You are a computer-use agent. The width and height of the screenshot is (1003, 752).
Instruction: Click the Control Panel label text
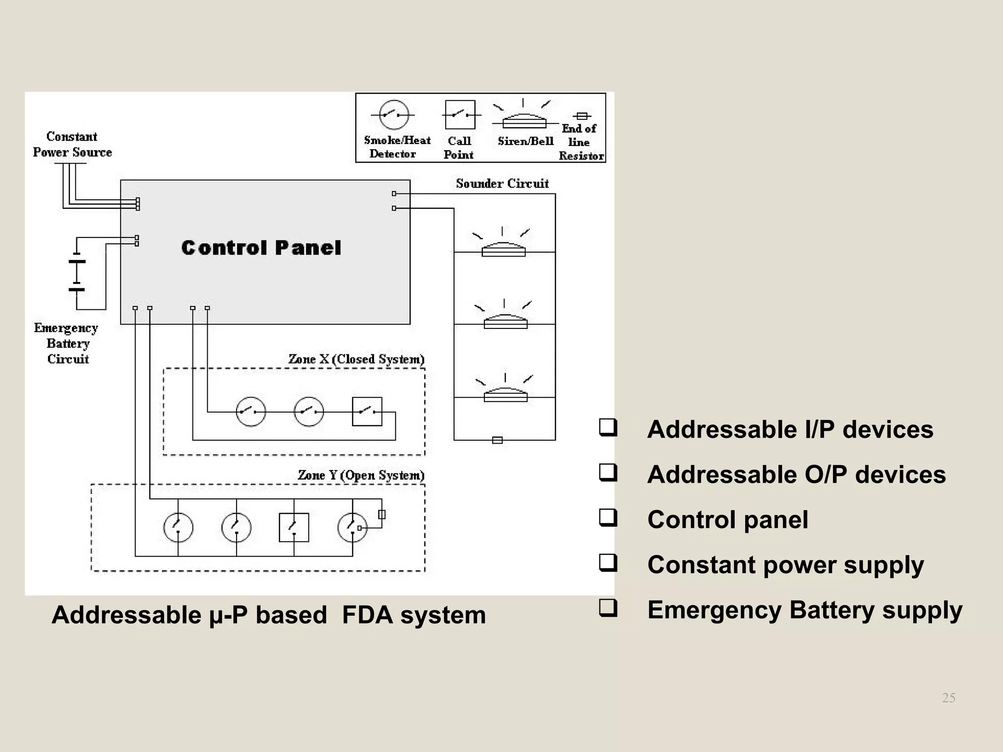(261, 248)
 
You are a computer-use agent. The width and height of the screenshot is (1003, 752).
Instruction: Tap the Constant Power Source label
(72, 144)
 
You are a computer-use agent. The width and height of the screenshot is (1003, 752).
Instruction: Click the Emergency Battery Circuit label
(67, 343)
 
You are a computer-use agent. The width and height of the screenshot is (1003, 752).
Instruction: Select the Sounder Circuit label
(502, 184)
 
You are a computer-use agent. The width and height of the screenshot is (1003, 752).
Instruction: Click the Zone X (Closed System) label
(356, 359)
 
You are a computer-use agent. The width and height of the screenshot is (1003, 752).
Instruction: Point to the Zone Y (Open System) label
(361, 475)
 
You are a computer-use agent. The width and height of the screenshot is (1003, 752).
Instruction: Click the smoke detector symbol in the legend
(394, 115)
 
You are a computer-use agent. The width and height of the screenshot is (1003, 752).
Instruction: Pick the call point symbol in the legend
(460, 115)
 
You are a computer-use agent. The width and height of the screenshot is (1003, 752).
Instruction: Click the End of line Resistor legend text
(580, 142)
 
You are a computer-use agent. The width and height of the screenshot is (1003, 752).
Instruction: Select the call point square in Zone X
(367, 412)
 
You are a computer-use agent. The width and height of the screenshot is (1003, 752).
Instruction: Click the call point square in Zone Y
(294, 527)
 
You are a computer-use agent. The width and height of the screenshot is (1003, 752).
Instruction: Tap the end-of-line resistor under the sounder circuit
(497, 440)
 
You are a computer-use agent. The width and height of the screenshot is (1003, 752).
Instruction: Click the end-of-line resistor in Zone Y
(382, 515)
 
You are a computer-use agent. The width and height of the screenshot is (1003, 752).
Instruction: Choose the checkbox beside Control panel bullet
(608, 517)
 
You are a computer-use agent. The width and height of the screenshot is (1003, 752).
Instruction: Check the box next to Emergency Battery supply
(608, 608)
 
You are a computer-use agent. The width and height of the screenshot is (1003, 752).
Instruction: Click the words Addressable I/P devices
(790, 429)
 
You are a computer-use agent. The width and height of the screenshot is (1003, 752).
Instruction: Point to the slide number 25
(949, 698)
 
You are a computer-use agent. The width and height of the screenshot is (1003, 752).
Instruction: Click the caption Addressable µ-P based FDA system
(268, 615)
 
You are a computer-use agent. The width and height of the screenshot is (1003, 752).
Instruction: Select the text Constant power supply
(785, 565)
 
